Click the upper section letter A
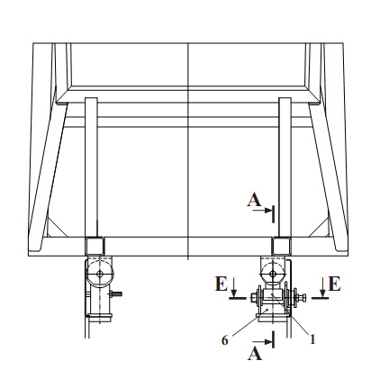pos(254,200)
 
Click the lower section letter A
pos(255,354)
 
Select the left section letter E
pos(222,284)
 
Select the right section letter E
pos(335,284)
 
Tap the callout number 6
pos(225,340)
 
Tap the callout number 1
pos(312,339)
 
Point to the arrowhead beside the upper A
pos(267,211)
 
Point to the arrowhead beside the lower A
pos(267,341)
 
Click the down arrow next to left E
pos(234,287)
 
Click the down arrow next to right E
pos(322,287)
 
